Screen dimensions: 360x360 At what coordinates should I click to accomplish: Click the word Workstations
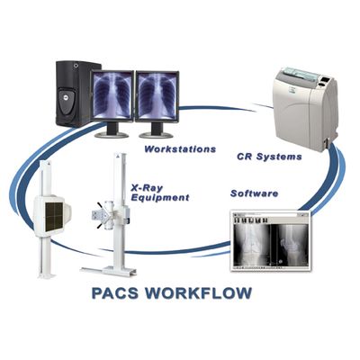(180, 149)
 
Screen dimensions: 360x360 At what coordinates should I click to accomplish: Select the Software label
(254, 193)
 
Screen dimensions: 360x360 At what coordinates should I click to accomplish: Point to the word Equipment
(160, 198)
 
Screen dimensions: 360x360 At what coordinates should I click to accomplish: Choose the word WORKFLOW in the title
(199, 292)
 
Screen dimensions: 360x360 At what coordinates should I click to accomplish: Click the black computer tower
(74, 94)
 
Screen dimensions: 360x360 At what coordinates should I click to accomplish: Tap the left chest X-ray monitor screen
(112, 95)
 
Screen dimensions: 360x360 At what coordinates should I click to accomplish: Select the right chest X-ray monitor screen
(157, 95)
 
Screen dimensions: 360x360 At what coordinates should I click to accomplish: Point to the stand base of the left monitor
(112, 134)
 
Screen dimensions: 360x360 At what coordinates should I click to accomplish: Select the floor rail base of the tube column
(109, 271)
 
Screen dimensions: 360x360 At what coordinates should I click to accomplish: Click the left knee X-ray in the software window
(252, 245)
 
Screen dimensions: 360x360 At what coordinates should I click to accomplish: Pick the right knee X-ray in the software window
(290, 245)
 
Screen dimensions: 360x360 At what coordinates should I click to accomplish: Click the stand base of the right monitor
(157, 135)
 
